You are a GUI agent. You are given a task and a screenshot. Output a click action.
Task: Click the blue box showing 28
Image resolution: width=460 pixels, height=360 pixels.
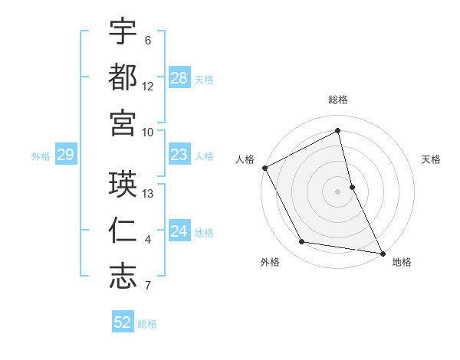click(179, 78)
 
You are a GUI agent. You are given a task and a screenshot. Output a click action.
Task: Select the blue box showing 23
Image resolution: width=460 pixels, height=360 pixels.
click(179, 155)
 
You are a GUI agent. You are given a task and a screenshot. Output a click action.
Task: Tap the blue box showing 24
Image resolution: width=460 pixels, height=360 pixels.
click(179, 231)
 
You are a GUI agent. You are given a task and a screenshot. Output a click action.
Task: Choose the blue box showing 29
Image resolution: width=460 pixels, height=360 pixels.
click(65, 155)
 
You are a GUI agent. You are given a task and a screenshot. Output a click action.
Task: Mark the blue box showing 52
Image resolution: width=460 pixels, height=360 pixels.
click(123, 322)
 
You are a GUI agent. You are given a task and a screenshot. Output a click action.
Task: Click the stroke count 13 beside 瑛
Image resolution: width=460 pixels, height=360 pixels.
click(149, 194)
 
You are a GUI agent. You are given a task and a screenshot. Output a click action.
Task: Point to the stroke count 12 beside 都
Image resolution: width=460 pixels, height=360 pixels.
click(148, 87)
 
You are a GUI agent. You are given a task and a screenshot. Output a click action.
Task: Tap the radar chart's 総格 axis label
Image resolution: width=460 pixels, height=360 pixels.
click(338, 100)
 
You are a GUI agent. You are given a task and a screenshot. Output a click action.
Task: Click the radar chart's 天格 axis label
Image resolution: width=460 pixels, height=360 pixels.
click(431, 159)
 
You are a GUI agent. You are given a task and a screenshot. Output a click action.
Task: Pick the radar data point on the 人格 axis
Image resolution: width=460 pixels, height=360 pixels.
click(264, 168)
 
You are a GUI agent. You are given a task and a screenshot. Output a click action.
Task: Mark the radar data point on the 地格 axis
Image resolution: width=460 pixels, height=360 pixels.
click(382, 252)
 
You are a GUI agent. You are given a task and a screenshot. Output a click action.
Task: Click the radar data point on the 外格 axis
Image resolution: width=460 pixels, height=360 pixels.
click(302, 242)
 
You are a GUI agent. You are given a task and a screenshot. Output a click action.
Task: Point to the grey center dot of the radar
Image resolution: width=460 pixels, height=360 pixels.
click(338, 191)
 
